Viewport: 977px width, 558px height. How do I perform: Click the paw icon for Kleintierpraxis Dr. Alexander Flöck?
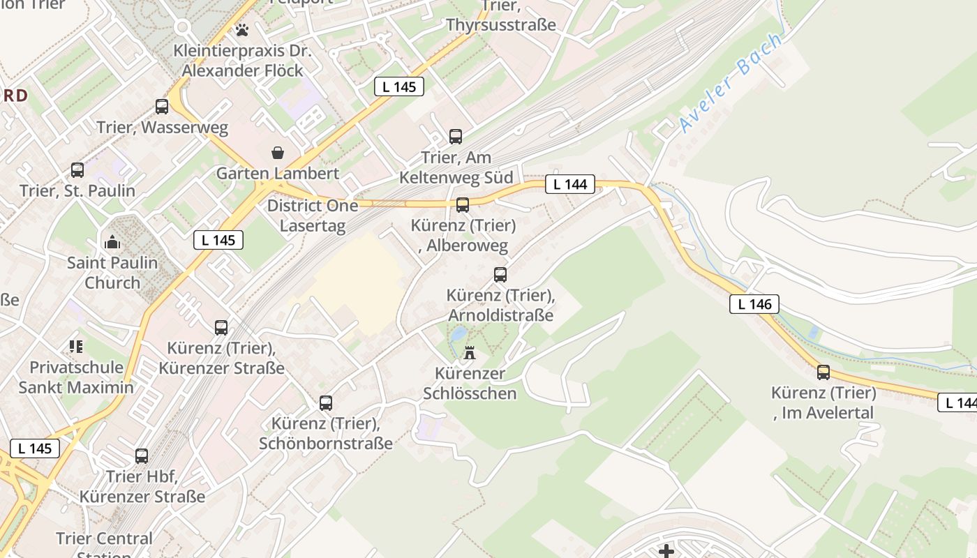tap(241, 30)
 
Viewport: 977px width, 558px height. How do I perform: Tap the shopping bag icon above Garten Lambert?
tap(278, 153)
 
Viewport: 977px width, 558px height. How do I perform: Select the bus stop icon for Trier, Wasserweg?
tap(162, 107)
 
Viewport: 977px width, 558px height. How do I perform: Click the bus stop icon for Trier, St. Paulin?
tap(77, 169)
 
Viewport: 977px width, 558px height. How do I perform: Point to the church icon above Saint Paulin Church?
tap(112, 242)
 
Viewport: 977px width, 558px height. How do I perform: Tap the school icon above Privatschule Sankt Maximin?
tap(76, 346)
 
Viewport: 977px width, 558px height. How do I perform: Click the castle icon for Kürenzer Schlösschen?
tap(470, 353)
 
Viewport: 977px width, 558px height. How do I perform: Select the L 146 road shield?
tap(754, 304)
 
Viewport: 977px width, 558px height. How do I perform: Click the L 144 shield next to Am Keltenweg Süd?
tap(570, 184)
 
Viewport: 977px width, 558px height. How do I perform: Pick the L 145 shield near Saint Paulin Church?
tap(218, 240)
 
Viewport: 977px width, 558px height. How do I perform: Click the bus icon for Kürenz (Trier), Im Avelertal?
tap(823, 372)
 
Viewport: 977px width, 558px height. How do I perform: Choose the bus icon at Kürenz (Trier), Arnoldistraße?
tap(500, 274)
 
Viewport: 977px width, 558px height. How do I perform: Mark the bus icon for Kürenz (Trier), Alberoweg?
tap(462, 204)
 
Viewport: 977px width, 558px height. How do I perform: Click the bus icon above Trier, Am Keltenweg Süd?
tap(456, 136)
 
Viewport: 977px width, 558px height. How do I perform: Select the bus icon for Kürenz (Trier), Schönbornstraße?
tap(326, 402)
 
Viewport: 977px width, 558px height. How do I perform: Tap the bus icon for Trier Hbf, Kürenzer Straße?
tap(142, 456)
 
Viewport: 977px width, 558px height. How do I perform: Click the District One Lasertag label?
tap(313, 216)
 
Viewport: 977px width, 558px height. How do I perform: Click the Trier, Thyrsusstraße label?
tap(501, 16)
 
